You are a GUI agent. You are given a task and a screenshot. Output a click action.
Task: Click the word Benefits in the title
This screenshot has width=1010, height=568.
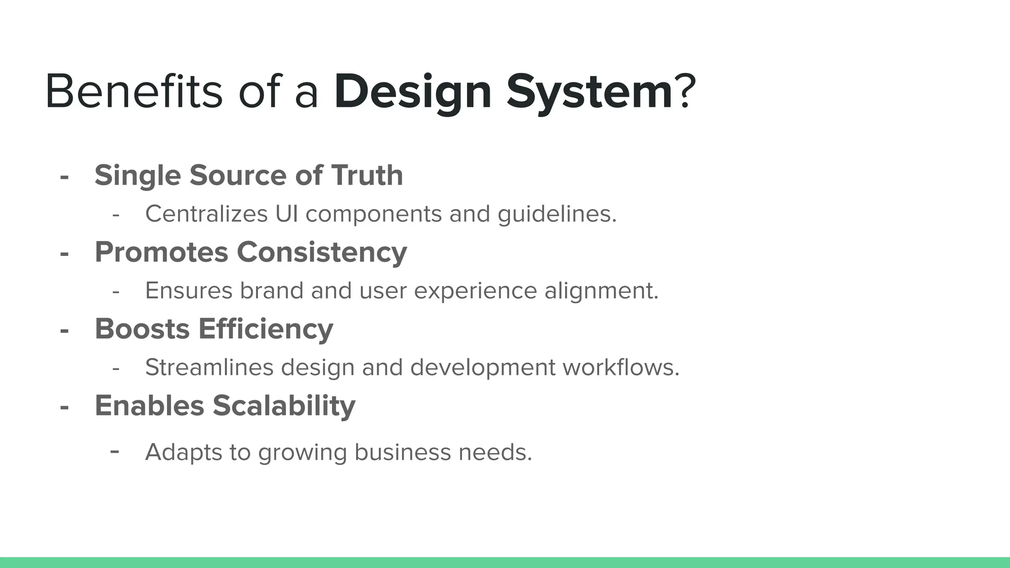point(134,92)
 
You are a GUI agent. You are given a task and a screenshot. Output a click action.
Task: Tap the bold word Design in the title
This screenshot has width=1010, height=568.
point(413,93)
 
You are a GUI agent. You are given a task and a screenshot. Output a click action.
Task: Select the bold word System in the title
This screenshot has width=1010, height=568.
point(590,93)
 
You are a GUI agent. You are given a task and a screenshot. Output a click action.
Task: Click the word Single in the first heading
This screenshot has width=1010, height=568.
point(138,176)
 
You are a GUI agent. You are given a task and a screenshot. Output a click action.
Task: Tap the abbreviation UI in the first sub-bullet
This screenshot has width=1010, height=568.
point(287,214)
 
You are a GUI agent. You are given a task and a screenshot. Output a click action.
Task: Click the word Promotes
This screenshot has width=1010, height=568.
point(161,252)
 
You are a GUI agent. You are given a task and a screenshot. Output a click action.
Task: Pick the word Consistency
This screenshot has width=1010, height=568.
point(322,253)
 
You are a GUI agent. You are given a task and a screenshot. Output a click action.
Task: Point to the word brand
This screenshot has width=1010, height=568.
point(271,290)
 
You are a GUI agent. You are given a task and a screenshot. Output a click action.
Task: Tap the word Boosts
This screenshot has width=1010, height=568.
point(142,329)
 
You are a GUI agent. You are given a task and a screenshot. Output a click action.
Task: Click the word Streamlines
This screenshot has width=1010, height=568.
point(209,367)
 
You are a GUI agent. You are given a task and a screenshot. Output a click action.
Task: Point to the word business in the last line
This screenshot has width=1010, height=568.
point(402,452)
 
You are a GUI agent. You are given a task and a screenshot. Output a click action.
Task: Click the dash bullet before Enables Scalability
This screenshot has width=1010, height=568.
point(64,407)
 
